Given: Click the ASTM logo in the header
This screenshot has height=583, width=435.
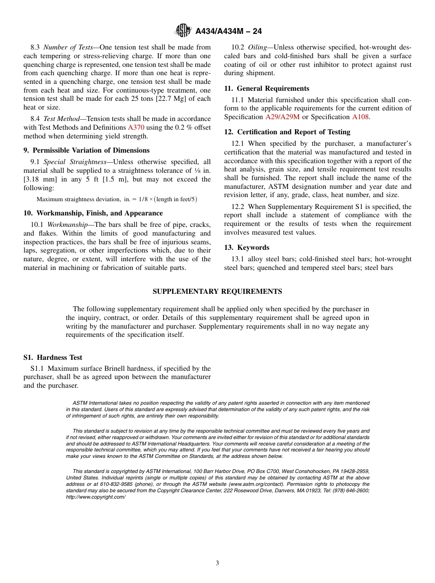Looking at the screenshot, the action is tap(183, 31).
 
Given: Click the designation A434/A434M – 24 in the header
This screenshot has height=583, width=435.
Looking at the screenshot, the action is tap(228, 31).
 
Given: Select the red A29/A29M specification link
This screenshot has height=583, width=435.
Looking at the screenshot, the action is tap(283, 117).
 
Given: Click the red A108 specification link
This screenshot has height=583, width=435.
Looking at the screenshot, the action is tap(360, 117).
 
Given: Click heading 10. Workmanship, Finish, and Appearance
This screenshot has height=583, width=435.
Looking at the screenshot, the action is tap(93, 213).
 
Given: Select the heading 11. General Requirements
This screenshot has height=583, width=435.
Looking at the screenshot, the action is tap(266, 88).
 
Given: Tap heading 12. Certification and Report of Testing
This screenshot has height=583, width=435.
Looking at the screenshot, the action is tap(287, 132).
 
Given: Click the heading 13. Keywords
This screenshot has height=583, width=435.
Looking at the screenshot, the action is tap(246, 247).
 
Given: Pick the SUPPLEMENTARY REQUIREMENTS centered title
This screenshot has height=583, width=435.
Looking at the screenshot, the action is tap(217, 291).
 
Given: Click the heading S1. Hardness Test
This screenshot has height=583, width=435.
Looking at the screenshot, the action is tap(53, 357).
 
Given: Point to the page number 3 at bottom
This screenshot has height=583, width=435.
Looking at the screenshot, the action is tap(217, 563).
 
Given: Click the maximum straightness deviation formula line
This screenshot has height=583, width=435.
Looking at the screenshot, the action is tap(117, 199).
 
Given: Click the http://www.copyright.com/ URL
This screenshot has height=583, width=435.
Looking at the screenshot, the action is tap(96, 497).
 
